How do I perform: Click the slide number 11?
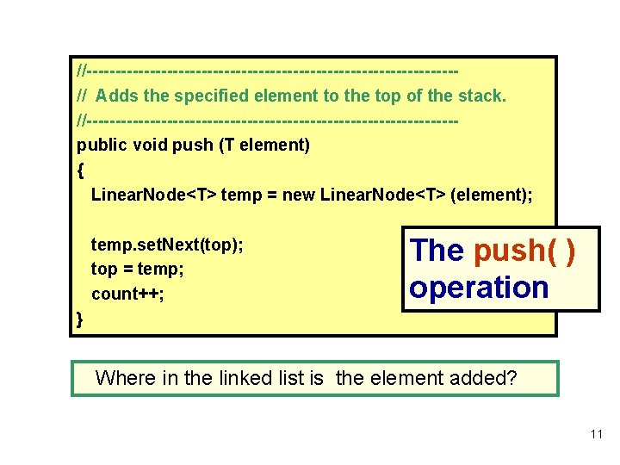597,434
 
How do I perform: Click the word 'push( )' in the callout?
524,251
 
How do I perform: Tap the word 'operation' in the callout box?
479,288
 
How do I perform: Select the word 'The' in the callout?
437,251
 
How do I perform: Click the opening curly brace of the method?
81,170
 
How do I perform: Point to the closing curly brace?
80,319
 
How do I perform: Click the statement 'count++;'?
127,294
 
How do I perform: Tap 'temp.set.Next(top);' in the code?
167,245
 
